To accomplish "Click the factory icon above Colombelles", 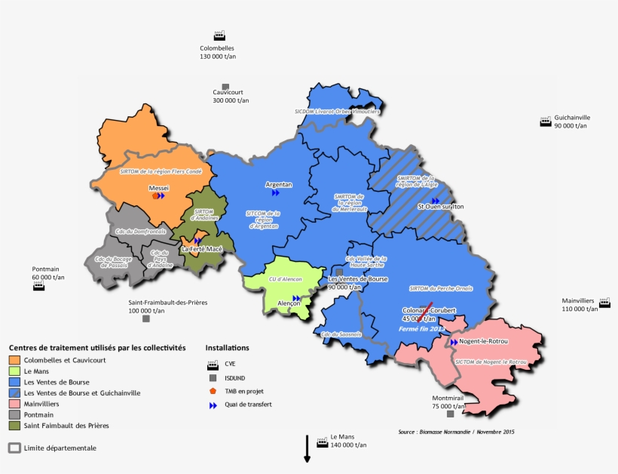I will click(x=219, y=35).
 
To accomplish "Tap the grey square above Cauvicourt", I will click(x=225, y=87).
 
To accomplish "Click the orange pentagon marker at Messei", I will click(x=155, y=195).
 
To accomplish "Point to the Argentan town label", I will click(x=278, y=184).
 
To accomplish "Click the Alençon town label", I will click(x=289, y=303).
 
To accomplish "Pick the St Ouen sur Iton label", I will click(x=440, y=206).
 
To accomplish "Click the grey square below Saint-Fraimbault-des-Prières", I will click(x=145, y=319).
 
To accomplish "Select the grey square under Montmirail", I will click(x=450, y=414).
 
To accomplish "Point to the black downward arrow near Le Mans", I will click(x=307, y=448).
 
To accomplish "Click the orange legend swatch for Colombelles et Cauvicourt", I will click(x=14, y=360).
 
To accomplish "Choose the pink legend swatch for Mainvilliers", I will click(x=14, y=404).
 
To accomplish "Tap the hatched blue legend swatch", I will click(x=14, y=392).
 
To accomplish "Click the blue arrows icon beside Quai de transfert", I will click(x=213, y=405).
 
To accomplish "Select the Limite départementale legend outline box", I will click(x=14, y=448).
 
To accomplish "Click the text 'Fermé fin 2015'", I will click(x=422, y=328).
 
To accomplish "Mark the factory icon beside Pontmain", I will click(x=38, y=288).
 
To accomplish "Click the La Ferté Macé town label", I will click(x=201, y=248).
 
